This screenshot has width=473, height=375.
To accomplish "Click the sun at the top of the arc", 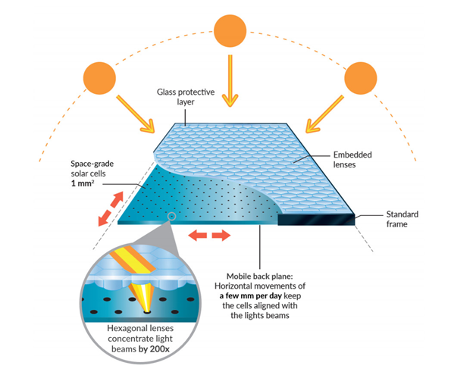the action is (x=230, y=31).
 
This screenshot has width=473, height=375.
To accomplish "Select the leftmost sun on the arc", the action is (x=99, y=78).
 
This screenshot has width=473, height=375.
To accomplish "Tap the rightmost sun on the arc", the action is (x=361, y=78).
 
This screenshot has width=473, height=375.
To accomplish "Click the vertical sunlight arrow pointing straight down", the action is (x=230, y=81).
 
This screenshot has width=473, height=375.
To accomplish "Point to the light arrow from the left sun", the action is (x=136, y=114).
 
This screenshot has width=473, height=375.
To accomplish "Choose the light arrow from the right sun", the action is (x=324, y=114).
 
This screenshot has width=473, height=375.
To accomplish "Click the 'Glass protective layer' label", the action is (x=186, y=97).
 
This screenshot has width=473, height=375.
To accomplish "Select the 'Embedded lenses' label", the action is (x=352, y=159).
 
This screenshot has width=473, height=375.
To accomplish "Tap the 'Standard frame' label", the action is (x=402, y=219).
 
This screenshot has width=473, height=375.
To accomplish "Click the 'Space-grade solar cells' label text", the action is (x=92, y=168).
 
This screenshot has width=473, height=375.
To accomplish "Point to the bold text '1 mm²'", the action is (x=83, y=183).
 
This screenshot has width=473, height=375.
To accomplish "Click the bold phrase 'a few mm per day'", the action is (x=250, y=295).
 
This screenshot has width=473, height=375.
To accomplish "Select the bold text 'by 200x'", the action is (x=154, y=349).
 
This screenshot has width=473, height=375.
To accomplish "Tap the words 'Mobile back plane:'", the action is (x=260, y=276).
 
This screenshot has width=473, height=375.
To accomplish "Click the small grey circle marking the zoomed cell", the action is (x=171, y=216).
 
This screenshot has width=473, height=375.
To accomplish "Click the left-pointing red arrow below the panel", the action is (x=198, y=235).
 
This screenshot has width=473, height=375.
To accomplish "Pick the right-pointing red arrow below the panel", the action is (x=221, y=235).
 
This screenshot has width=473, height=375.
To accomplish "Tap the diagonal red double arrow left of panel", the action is (x=111, y=208).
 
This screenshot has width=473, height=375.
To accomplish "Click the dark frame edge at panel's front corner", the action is (x=316, y=219).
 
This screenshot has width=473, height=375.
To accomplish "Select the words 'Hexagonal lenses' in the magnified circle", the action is (x=140, y=328).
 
